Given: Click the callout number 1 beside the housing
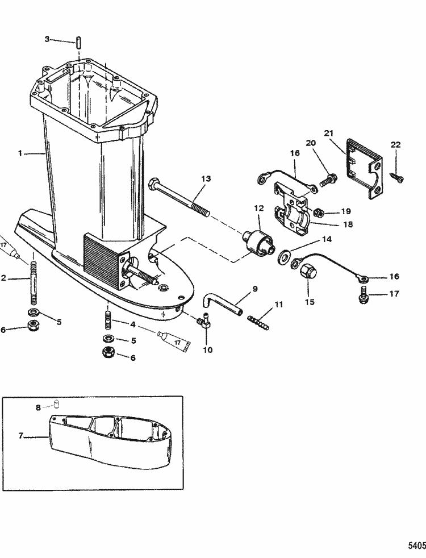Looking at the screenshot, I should pyautogui.click(x=20, y=153).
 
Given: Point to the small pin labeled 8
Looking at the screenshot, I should pyautogui.click(x=57, y=405).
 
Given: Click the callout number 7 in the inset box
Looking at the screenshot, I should pyautogui.click(x=20, y=436).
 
